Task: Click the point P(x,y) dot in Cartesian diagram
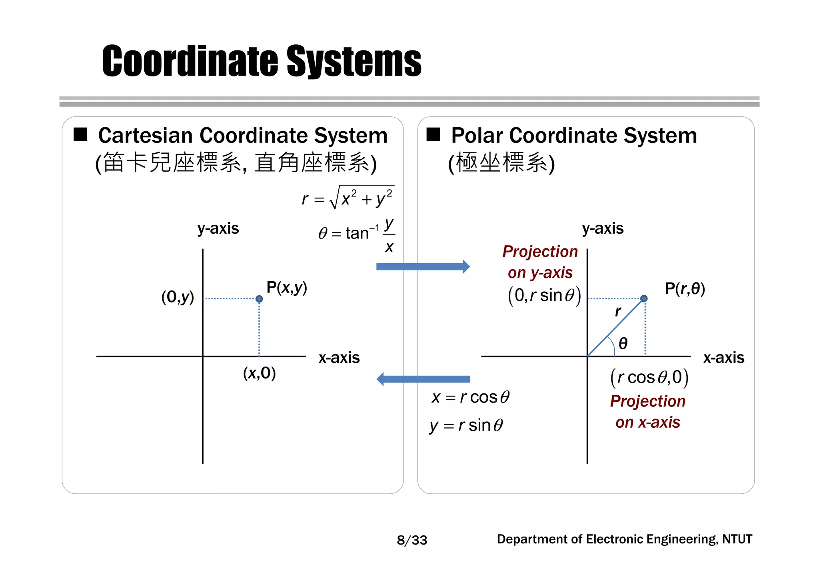tap(259, 299)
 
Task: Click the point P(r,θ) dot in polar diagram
tap(644, 299)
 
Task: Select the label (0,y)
tap(178, 297)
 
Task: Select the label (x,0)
tap(259, 373)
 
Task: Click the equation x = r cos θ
tap(470, 397)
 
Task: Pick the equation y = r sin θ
tap(466, 425)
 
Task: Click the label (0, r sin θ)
tap(544, 296)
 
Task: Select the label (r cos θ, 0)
tap(649, 377)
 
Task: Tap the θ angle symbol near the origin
tap(623, 343)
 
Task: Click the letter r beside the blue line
tap(618, 311)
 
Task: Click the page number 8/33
tap(412, 540)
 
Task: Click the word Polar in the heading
tap(477, 135)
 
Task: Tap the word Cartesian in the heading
tap(146, 135)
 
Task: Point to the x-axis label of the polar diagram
tap(723, 357)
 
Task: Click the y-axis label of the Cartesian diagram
tap(218, 228)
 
